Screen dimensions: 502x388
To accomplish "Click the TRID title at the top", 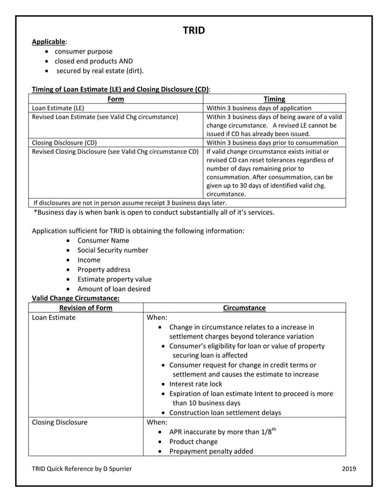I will (x=194, y=30).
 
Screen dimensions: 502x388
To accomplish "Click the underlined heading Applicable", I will (x=49, y=41).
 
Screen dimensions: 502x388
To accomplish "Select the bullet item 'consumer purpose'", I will (x=83, y=52).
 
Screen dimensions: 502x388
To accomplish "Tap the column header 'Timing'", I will (x=274, y=99).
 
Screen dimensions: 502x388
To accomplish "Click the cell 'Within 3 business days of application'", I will (x=259, y=108).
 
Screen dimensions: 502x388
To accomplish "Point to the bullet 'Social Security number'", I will (x=113, y=250).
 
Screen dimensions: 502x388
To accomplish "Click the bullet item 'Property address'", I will (x=103, y=269).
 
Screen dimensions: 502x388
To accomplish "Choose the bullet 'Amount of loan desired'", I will (x=114, y=289).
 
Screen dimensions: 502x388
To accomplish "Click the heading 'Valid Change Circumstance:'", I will (x=75, y=298).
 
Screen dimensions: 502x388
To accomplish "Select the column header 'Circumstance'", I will (x=244, y=308).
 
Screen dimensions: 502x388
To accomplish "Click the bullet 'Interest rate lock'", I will (x=195, y=383).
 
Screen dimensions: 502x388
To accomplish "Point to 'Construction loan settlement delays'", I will (x=225, y=412).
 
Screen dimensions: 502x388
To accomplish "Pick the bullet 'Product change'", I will (x=193, y=441).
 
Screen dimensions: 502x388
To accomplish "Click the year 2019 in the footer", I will (x=349, y=469).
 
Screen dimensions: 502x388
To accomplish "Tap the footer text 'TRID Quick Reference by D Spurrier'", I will (x=81, y=469).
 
